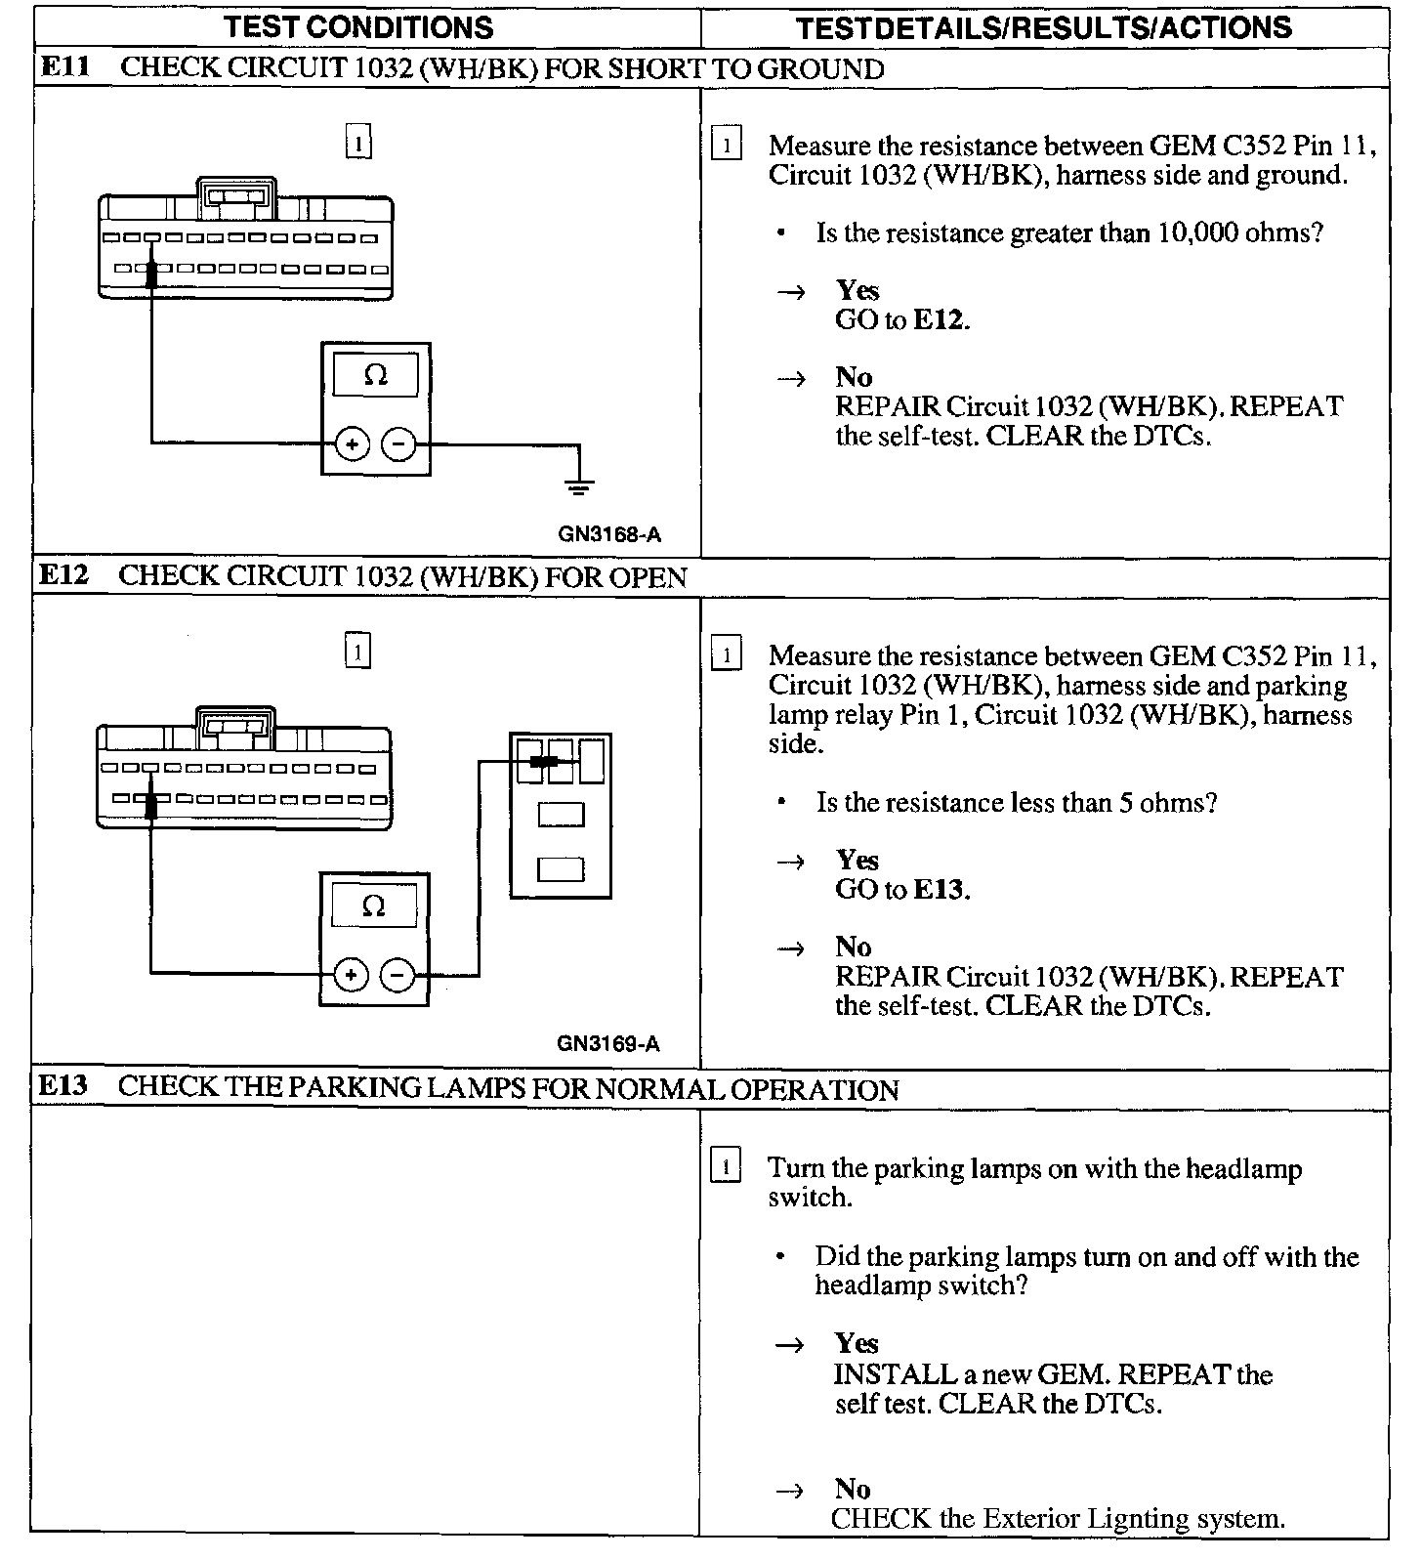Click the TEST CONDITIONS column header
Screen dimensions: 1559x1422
358,26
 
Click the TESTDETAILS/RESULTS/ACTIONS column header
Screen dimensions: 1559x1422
1043,27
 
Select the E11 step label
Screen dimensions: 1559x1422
64,68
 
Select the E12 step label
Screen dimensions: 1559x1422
64,576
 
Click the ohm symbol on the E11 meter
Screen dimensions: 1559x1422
376,375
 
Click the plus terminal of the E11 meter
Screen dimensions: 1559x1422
352,444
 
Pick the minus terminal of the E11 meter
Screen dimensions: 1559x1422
397,444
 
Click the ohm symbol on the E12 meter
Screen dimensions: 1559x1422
373,906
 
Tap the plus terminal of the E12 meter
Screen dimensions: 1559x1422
351,975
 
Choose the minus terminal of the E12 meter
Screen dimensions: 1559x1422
397,975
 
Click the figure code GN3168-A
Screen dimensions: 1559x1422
609,534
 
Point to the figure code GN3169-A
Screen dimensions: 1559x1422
608,1043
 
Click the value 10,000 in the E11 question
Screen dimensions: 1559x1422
1198,233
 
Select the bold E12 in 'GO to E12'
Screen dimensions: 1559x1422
939,320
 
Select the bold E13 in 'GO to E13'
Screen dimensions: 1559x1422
939,890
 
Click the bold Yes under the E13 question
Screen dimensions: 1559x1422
857,1344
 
